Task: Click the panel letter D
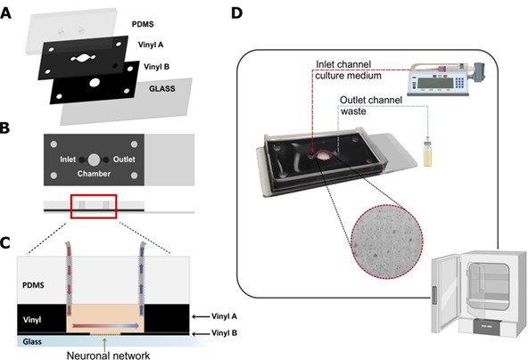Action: click(236, 12)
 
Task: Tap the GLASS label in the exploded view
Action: click(162, 89)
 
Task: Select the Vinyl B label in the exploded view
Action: click(157, 67)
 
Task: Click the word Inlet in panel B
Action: click(68, 160)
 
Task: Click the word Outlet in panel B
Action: click(124, 160)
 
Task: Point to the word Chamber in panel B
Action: click(94, 174)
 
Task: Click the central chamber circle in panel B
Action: click(94, 160)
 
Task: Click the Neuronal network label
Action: click(109, 356)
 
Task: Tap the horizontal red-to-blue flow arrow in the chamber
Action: click(106, 325)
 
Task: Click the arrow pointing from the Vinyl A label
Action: click(200, 316)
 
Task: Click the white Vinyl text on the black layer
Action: click(32, 320)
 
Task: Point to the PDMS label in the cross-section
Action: click(33, 285)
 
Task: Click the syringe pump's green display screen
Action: click(433, 83)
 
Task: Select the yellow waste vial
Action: click(427, 154)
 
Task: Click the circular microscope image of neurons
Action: click(387, 241)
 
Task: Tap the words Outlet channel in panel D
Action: click(371, 101)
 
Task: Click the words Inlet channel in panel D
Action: click(343, 64)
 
